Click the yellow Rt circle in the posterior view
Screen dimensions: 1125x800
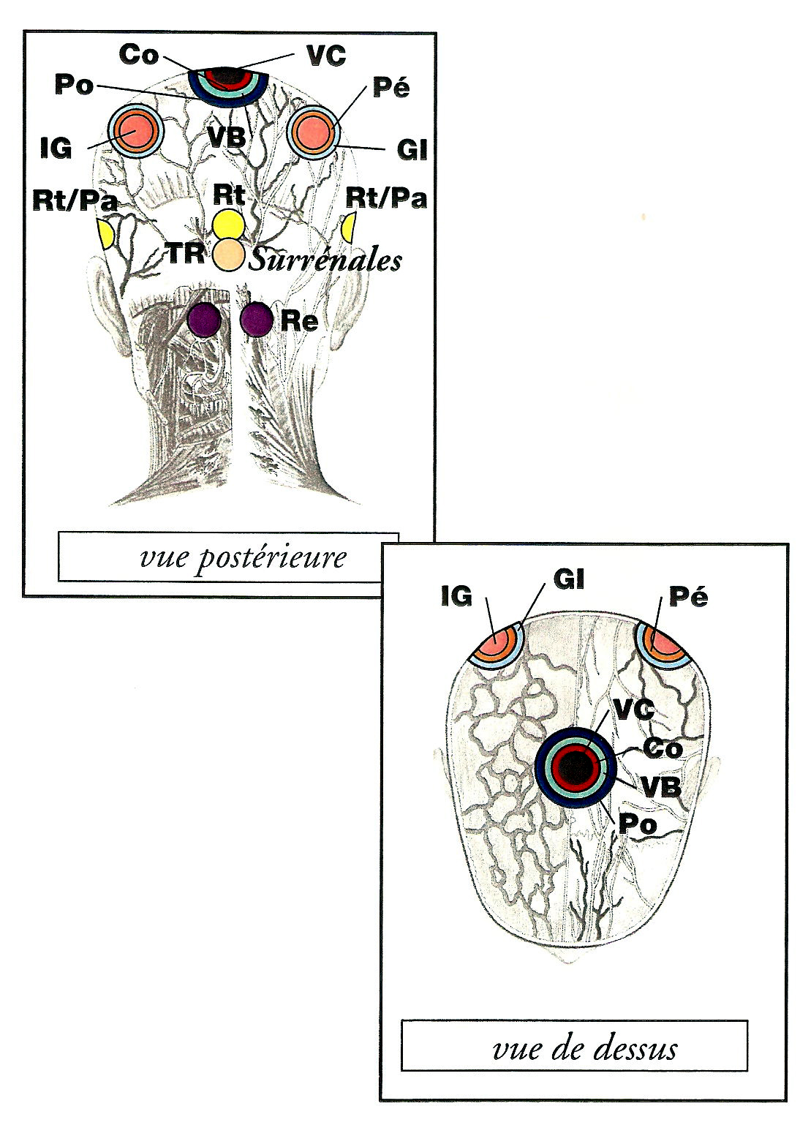tap(227, 223)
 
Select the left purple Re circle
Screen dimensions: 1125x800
tap(203, 320)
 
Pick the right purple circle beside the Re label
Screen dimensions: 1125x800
tap(257, 320)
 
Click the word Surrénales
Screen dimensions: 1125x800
tap(325, 260)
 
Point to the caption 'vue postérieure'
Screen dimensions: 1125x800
tap(243, 558)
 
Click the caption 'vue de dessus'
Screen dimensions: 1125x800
tap(585, 1048)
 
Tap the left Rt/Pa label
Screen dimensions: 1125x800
tap(75, 200)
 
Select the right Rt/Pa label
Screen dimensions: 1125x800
tap(385, 198)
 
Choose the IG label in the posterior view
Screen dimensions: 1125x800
tap(56, 148)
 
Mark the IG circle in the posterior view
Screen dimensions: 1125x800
tap(135, 132)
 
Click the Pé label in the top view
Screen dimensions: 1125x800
tap(688, 597)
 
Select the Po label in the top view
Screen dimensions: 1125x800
tap(638, 824)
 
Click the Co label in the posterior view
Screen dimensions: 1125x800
tap(139, 54)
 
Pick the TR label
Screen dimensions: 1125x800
tap(185, 253)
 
